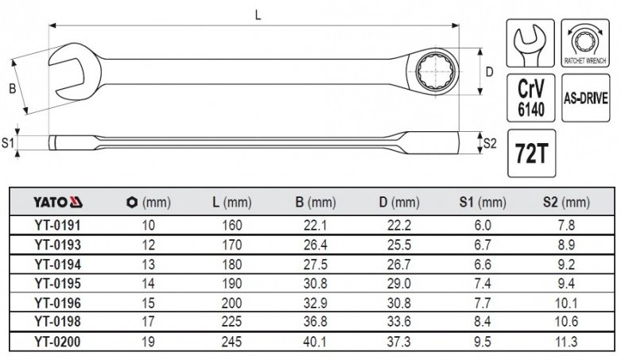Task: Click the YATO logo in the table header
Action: [58, 203]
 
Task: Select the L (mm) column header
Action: [231, 203]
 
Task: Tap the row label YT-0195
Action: [58, 284]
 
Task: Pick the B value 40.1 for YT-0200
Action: [315, 342]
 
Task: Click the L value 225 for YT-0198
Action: [231, 321]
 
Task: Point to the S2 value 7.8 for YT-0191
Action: [566, 225]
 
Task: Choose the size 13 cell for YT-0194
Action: [148, 264]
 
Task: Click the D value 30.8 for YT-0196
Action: [399, 303]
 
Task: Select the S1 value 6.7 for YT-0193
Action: [483, 245]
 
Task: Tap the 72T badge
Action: [531, 153]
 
